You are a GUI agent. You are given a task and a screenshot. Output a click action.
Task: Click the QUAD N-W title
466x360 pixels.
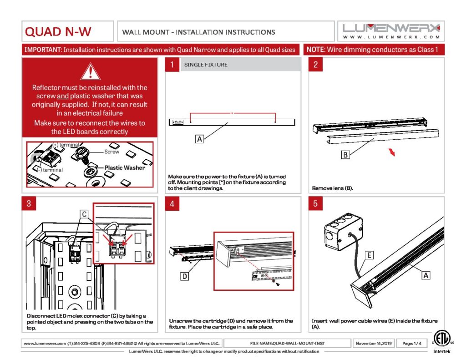[58, 32]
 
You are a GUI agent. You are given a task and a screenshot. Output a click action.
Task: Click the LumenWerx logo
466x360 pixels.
[391, 31]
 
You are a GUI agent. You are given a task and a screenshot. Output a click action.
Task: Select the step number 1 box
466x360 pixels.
[172, 65]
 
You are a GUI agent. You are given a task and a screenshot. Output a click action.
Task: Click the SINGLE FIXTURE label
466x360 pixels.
[206, 65]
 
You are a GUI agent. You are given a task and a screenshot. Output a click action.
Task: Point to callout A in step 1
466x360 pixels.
[199, 139]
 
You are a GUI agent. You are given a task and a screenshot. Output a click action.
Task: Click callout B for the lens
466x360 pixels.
[345, 155]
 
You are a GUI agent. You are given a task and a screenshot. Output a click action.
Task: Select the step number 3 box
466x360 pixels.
[29, 203]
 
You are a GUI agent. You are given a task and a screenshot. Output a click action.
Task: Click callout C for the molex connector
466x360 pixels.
[85, 213]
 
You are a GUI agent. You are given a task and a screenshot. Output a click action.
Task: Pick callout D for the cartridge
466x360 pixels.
[185, 276]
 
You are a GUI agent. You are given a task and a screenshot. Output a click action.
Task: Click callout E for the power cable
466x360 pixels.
[370, 255]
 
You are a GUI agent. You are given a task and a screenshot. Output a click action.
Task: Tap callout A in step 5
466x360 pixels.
[426, 275]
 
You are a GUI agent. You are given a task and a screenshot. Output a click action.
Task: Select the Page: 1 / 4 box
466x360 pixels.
[412, 343]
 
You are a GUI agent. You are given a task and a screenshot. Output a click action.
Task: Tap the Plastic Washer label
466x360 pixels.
[125, 167]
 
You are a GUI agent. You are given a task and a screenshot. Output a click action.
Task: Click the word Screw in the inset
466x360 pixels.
[112, 152]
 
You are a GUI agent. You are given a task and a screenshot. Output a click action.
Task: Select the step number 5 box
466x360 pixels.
[315, 203]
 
